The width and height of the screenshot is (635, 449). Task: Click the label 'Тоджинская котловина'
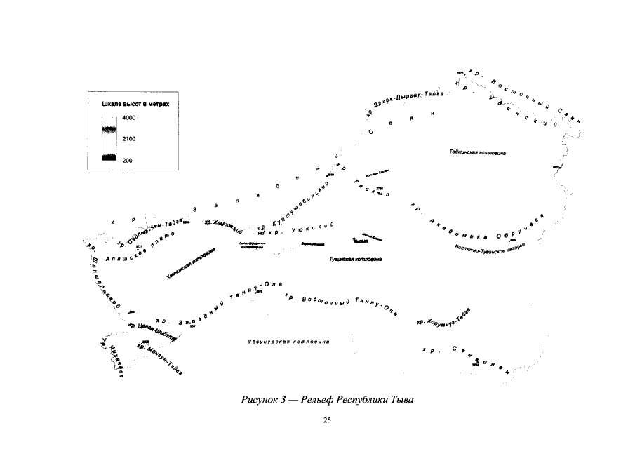point(478,152)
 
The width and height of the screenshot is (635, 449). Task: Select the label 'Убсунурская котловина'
point(288,342)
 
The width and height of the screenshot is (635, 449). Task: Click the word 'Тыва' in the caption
point(402,401)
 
